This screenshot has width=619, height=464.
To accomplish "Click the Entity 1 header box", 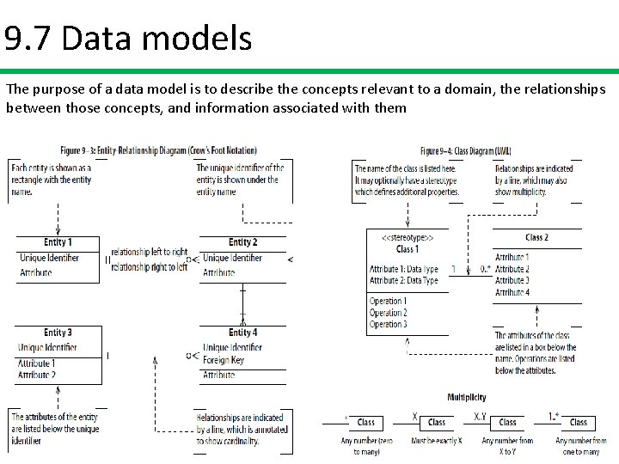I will click(x=58, y=242).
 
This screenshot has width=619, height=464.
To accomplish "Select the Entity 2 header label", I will click(x=243, y=242).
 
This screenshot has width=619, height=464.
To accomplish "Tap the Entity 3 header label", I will click(x=58, y=333).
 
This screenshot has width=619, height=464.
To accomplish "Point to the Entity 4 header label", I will click(x=243, y=333).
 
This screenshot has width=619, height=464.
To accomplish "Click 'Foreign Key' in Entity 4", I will click(x=225, y=361).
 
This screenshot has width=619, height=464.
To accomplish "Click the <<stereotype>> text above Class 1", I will click(x=407, y=237).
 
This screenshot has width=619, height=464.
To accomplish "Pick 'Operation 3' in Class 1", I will click(x=388, y=325).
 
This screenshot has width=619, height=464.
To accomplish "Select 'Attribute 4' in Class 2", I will click(x=512, y=293).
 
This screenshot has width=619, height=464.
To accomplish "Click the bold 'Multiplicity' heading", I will click(x=466, y=397).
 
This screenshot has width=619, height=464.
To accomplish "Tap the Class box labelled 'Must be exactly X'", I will click(x=438, y=422).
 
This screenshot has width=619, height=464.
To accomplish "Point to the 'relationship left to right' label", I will click(x=149, y=252).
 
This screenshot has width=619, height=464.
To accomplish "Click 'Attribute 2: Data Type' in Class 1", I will click(x=404, y=281).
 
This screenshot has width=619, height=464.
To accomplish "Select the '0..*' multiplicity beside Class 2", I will click(x=485, y=269).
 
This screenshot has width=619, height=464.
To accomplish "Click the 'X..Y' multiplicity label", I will click(x=481, y=416).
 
